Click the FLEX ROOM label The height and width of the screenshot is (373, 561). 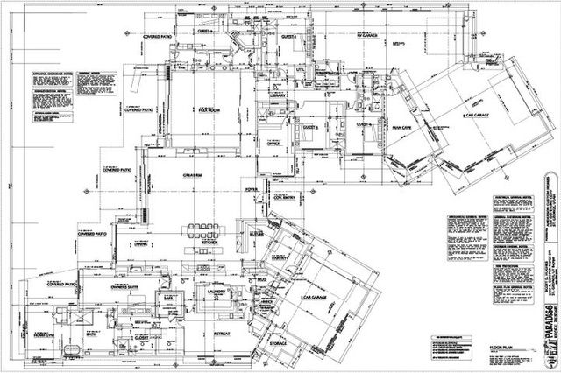[209, 110]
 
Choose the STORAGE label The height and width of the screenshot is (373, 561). [278, 344]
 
